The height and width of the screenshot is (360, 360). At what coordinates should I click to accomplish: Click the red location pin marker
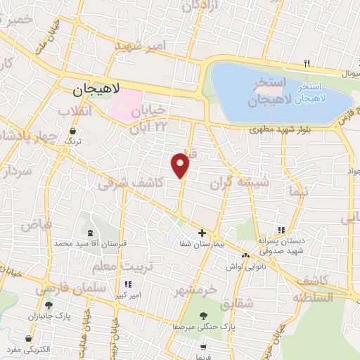[x=181, y=165]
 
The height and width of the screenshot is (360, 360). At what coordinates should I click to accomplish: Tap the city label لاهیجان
[x=97, y=90]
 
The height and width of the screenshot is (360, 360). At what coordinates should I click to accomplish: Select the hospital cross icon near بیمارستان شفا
[x=202, y=233]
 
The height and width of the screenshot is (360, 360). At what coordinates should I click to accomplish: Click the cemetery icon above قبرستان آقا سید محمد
[x=89, y=233]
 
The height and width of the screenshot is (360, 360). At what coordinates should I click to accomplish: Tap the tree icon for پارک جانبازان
[x=49, y=305]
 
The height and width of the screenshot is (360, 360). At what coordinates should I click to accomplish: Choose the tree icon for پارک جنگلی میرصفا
[x=204, y=316]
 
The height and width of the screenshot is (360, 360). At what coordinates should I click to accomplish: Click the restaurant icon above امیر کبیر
[x=127, y=285]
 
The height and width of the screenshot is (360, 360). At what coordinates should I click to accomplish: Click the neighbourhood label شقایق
[x=236, y=304]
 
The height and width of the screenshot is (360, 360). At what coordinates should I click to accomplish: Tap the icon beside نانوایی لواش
[x=245, y=255]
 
